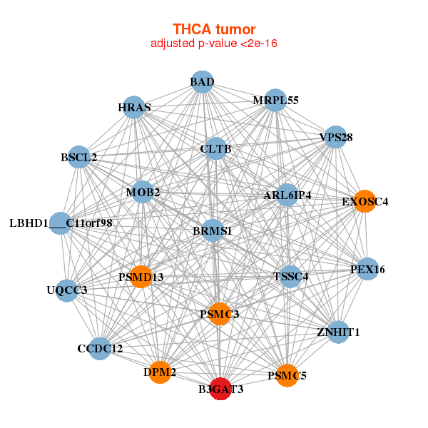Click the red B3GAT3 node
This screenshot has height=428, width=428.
click(221, 389)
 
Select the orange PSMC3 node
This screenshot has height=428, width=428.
click(220, 314)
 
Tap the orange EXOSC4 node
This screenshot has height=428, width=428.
click(365, 201)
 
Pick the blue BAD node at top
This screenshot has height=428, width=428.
click(202, 82)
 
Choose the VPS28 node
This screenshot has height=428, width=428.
click(336, 137)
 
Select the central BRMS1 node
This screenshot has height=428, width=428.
click(213, 231)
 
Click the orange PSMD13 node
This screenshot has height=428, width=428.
click(141, 277)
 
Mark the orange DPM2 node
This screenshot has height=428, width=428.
click(160, 372)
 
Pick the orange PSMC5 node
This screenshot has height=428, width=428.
click(287, 375)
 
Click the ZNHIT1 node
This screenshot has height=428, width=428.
click(338, 332)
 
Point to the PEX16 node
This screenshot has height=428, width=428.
click(367, 269)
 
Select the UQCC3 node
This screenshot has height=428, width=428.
click(66, 290)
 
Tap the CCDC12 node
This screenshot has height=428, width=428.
click(100, 349)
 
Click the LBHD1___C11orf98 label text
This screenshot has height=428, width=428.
click(61, 223)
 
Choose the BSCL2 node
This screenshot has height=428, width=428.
click(78, 157)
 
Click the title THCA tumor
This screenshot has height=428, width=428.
click(214, 29)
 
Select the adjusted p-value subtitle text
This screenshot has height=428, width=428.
click(214, 44)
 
